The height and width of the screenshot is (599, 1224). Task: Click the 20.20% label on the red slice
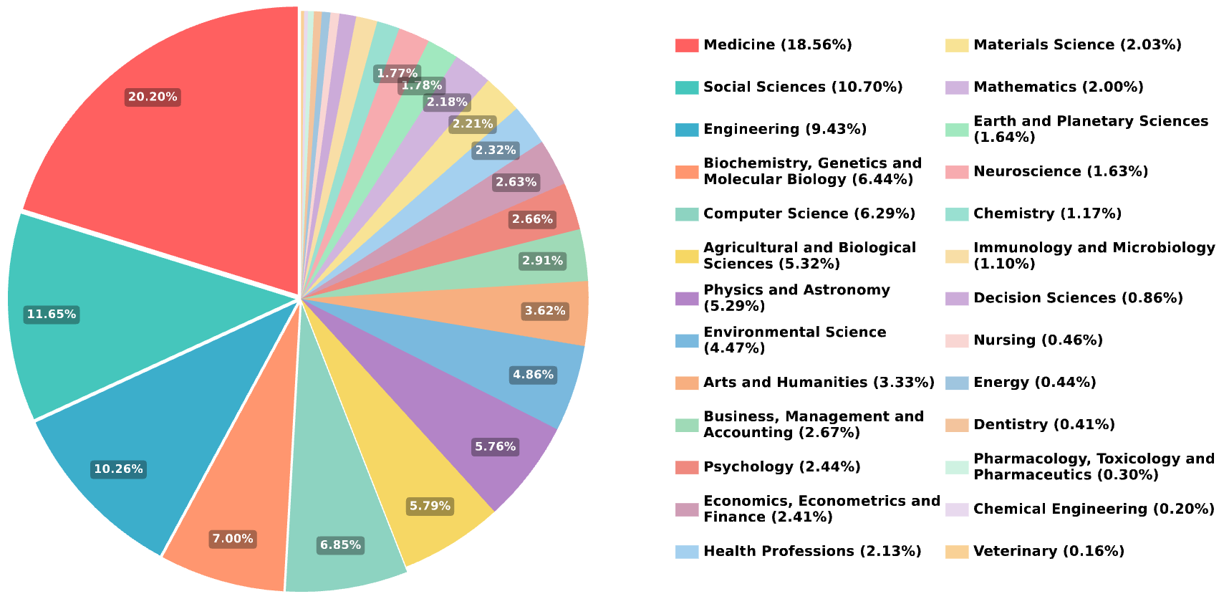tap(153, 97)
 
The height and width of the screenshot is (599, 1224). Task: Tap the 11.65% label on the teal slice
tap(52, 315)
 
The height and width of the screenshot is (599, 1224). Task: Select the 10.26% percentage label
tap(119, 469)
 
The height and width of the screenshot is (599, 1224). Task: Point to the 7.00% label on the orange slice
tap(233, 539)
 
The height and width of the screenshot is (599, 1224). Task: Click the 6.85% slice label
tap(340, 545)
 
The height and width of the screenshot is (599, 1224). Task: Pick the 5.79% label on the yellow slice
tap(430, 506)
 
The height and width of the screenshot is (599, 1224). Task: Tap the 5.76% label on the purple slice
tap(495, 446)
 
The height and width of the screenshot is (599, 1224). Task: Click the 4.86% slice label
tap(533, 374)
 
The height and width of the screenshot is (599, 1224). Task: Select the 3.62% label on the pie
tap(545, 311)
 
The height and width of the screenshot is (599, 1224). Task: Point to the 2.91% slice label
tap(542, 261)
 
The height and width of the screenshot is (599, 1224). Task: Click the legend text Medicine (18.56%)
tap(778, 45)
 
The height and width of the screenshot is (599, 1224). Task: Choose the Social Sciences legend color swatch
tap(687, 87)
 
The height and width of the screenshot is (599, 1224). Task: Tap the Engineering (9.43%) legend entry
tap(785, 130)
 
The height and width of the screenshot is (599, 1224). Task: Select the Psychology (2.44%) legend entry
tap(782, 466)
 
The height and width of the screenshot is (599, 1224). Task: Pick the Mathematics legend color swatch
tap(957, 87)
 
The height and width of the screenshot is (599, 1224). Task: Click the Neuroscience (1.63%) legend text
tap(1061, 172)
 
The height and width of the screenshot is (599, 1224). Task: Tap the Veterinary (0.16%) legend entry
tap(1049, 552)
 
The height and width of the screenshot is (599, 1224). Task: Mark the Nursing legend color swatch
tap(957, 340)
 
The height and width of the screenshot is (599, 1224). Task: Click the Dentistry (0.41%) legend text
tap(1044, 425)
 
